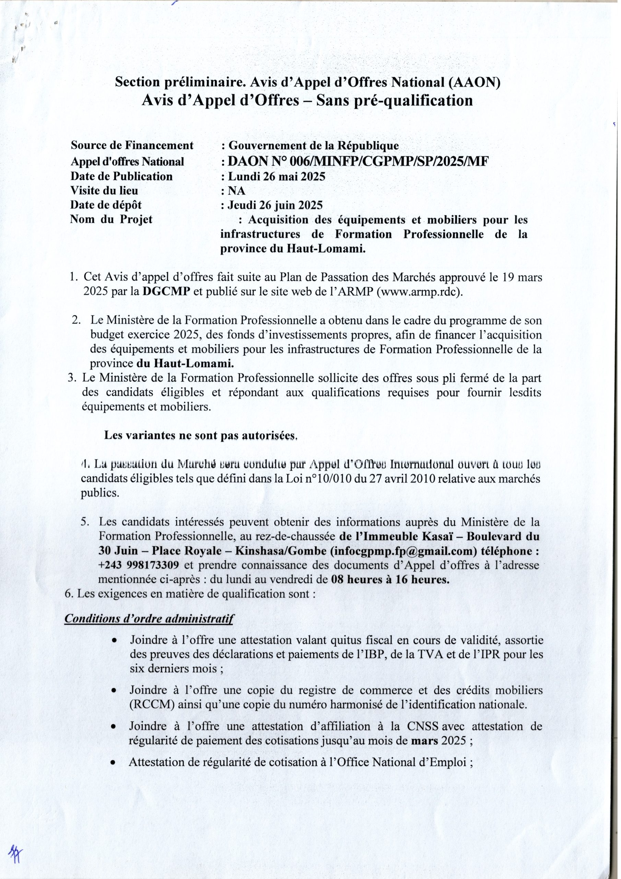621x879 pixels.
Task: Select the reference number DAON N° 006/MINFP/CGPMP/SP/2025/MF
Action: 358,162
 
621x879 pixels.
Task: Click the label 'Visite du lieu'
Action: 104,191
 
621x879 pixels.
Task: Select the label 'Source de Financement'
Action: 132,146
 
